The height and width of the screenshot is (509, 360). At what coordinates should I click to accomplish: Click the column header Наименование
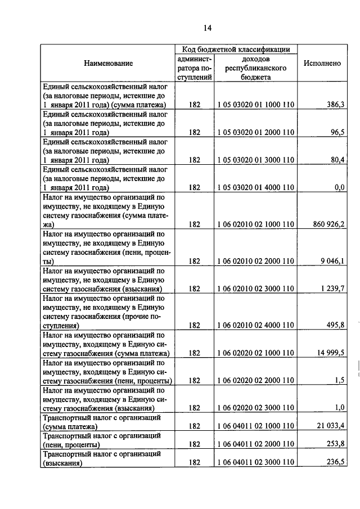109,64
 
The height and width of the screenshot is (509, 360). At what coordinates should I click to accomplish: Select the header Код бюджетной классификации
236,49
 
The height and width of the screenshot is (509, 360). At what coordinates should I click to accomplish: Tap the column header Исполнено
322,64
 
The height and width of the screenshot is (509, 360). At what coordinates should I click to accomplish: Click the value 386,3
335,105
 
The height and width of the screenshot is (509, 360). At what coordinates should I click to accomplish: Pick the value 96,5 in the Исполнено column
337,133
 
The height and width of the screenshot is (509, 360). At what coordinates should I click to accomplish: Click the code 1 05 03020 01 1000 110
255,105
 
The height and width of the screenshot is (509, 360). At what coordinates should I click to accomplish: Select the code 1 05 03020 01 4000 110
255,188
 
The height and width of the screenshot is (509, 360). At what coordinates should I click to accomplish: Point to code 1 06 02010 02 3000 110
255,289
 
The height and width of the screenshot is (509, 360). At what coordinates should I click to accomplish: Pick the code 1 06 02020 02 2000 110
255,381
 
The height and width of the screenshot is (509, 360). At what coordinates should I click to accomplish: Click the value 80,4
337,160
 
